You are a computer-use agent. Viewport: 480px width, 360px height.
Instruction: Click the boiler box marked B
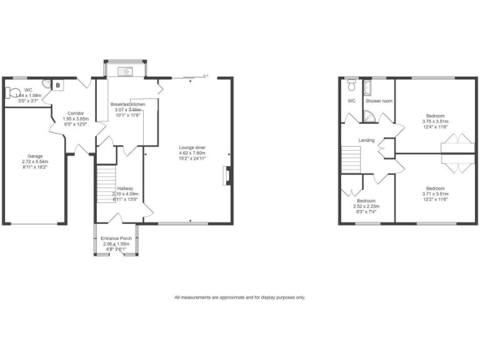[57, 86]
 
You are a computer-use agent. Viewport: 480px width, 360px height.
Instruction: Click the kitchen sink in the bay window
[127, 71]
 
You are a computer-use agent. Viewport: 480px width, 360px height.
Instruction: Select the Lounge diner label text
[192, 147]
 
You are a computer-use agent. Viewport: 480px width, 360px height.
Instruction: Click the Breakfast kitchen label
[127, 104]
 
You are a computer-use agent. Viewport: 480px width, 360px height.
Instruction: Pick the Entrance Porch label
[117, 238]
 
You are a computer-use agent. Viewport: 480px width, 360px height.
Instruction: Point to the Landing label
[366, 140]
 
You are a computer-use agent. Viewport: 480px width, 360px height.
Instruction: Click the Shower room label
[379, 101]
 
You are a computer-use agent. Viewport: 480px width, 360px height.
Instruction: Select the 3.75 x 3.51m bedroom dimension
[435, 122]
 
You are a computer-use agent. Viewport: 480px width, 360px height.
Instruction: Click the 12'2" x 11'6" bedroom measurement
[435, 199]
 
